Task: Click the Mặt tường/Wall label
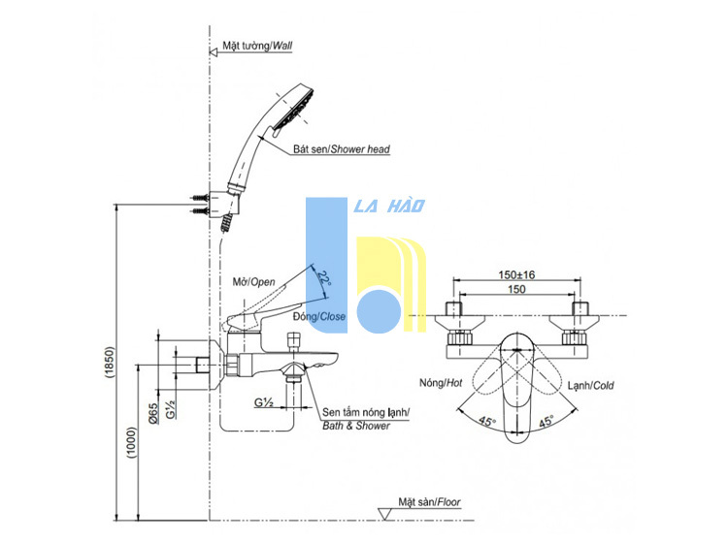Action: [x=257, y=46]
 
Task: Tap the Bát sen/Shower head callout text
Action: [x=342, y=149]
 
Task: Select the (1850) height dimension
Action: [x=109, y=362]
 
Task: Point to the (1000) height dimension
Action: [x=132, y=443]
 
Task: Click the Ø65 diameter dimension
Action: [x=153, y=413]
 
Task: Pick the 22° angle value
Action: [x=323, y=277]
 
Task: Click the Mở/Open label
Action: [x=254, y=282]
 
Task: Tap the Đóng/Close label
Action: [x=319, y=316]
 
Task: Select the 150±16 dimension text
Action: [x=516, y=274]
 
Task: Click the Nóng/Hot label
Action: [x=441, y=383]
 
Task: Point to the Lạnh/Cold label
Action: [x=590, y=385]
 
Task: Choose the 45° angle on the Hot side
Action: [x=487, y=422]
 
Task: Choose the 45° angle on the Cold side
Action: [x=546, y=422]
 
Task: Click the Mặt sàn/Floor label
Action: [x=429, y=501]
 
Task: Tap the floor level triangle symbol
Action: [x=385, y=514]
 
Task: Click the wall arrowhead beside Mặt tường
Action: [x=214, y=52]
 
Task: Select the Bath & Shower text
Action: [x=356, y=426]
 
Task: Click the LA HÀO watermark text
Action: [x=389, y=206]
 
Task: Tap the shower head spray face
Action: [x=294, y=109]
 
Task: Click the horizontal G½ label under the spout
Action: [x=263, y=402]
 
